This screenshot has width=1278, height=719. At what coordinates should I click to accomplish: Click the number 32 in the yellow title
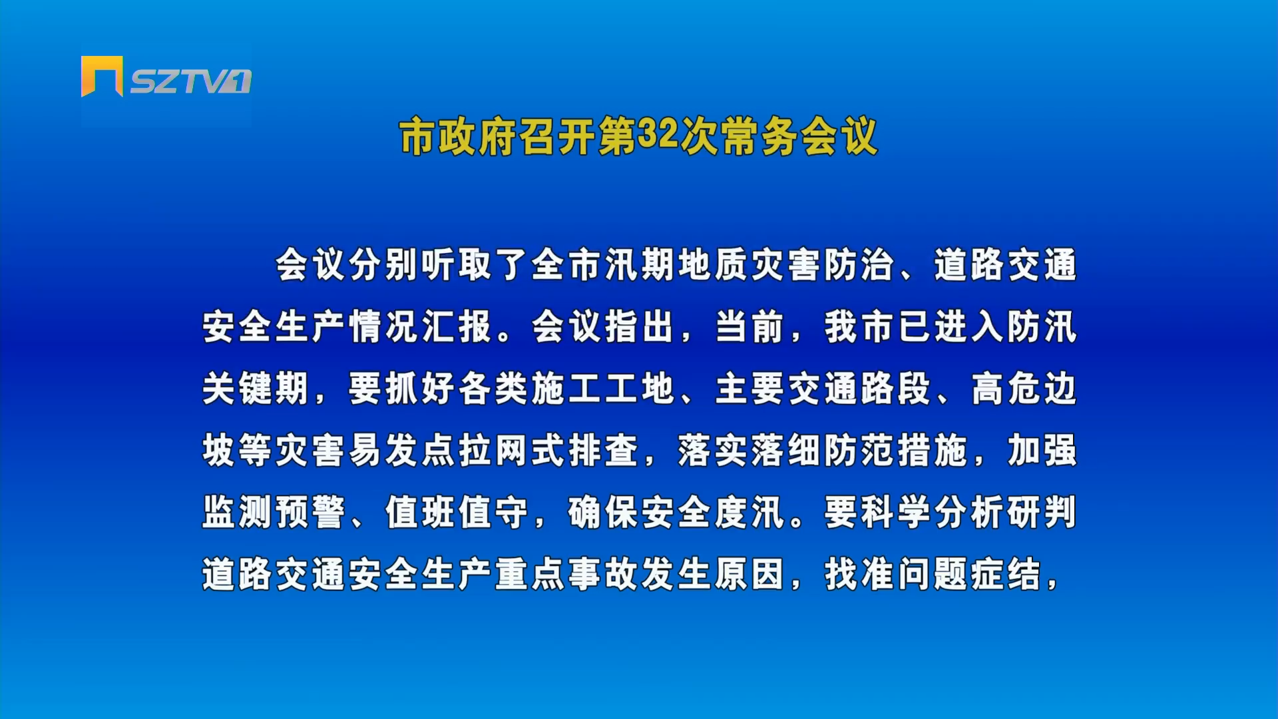(x=658, y=135)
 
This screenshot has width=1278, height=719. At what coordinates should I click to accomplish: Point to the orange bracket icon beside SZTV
(x=102, y=75)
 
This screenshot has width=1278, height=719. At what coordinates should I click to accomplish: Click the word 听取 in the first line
(x=457, y=264)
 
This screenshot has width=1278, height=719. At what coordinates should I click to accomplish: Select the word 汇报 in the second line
(x=457, y=326)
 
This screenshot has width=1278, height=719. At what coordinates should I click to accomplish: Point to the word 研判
(x=1042, y=512)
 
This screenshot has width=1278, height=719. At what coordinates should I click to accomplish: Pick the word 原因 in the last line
(x=750, y=574)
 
